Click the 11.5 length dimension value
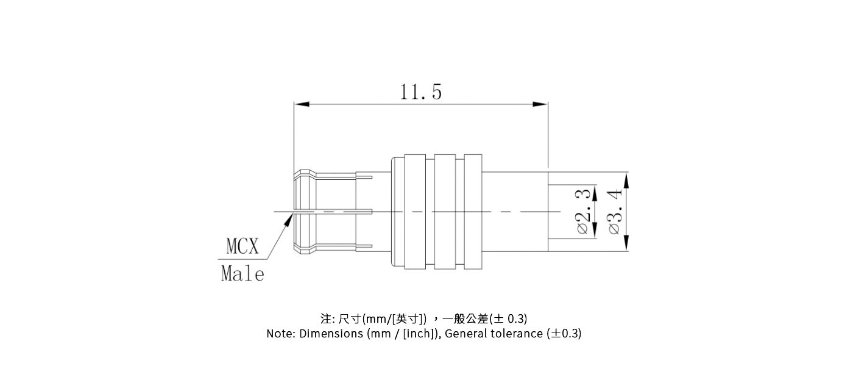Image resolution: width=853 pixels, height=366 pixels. (x=420, y=92)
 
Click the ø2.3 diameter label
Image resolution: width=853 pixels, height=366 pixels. (x=583, y=211)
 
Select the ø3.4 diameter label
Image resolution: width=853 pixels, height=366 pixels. (x=615, y=211)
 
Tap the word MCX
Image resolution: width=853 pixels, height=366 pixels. (x=242, y=246)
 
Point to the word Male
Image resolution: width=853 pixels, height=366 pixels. (x=242, y=274)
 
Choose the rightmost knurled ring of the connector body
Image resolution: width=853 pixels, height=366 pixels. (x=473, y=212)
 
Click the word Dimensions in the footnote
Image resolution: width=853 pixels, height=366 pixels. (x=331, y=334)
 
